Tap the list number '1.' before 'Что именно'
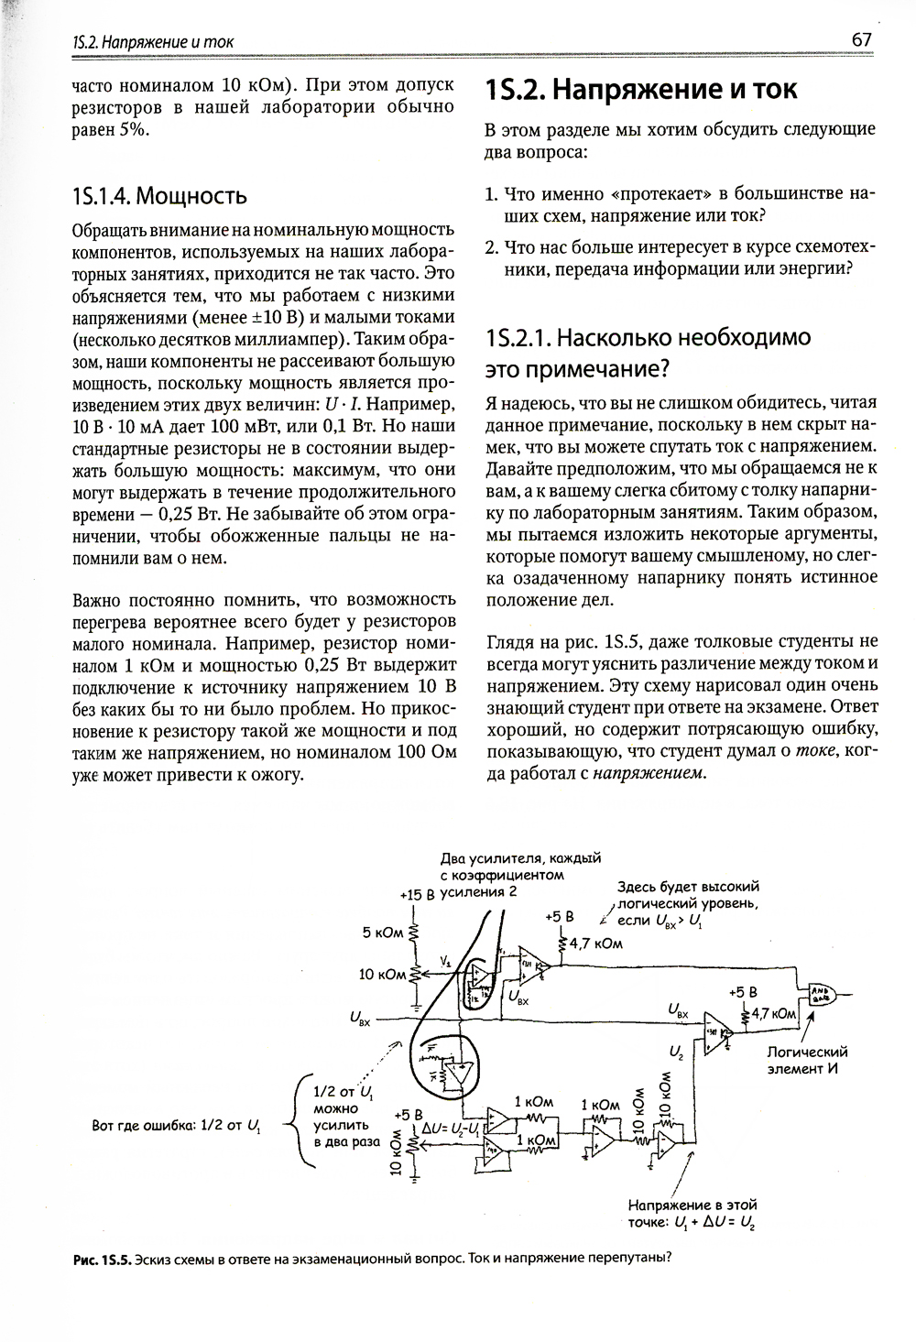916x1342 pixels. click(491, 195)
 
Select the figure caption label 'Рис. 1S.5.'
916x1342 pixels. click(103, 1257)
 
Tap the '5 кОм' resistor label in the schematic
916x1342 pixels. click(383, 933)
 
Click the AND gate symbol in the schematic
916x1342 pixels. click(818, 992)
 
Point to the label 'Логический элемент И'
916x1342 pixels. click(807, 1060)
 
